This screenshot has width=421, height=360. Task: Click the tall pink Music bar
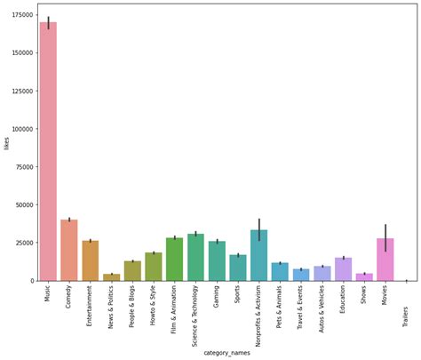tap(48, 151)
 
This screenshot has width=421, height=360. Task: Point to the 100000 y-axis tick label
tap(22, 129)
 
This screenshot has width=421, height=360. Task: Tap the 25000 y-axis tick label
tap(24, 243)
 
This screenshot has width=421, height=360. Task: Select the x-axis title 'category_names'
tap(226, 353)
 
